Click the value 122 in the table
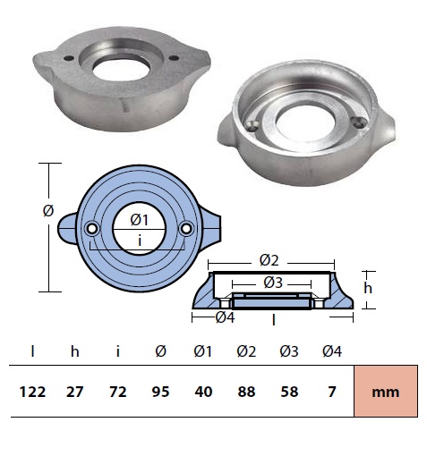[x=32, y=392]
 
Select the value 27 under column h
[x=74, y=392]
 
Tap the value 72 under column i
[x=118, y=392]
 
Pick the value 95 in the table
[x=160, y=392]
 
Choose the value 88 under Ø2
[x=246, y=392]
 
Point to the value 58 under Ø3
[x=289, y=392]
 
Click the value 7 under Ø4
[x=332, y=392]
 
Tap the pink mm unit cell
[x=386, y=392]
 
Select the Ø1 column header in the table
[x=203, y=351]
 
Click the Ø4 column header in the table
[x=332, y=351]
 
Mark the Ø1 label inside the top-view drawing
[x=140, y=220]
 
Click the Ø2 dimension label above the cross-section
[x=269, y=260]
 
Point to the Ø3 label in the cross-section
[x=273, y=283]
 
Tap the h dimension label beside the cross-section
[x=368, y=288]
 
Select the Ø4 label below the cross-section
[x=225, y=317]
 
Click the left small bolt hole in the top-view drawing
[x=91, y=229]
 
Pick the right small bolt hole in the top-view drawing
[x=186, y=229]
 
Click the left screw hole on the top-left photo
[x=69, y=58]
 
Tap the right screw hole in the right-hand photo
[x=357, y=122]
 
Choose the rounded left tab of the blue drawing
[x=67, y=229]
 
